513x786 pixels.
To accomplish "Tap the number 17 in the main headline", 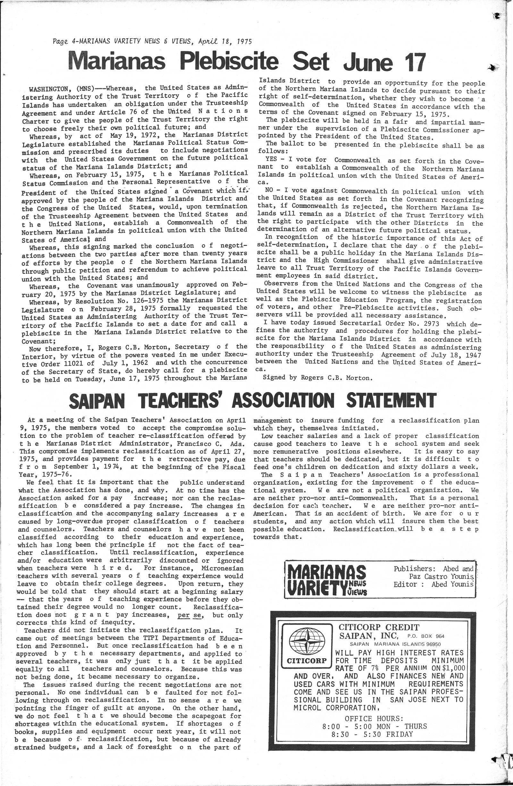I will click(409, 62).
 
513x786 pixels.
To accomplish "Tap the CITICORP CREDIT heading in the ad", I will click(379, 627).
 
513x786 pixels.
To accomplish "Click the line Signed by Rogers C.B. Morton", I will click(318, 378).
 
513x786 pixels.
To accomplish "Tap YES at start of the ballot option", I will click(271, 160).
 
